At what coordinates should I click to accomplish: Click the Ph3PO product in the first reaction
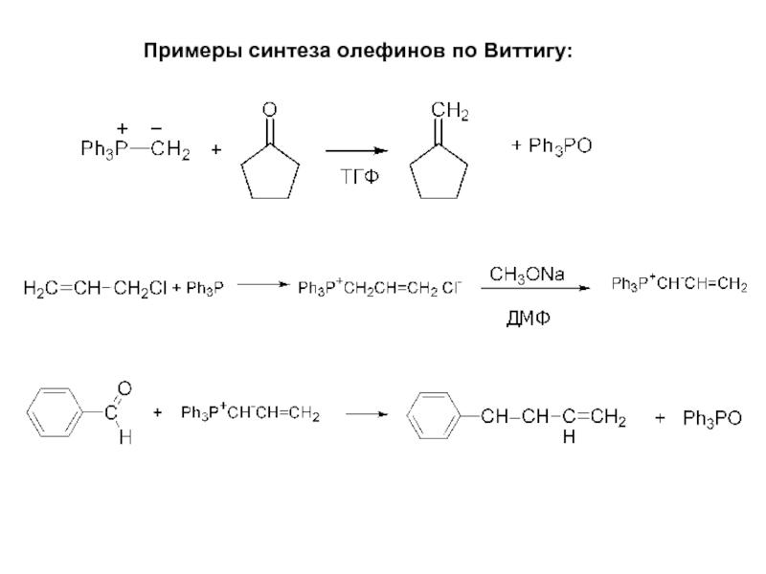pos(551,145)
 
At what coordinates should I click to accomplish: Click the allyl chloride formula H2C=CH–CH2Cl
pos(96,286)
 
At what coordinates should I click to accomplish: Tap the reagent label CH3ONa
pos(528,274)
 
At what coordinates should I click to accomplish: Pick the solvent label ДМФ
pos(529,316)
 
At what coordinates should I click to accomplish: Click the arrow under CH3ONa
pos(528,294)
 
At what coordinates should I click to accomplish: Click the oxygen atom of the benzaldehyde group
pos(124,387)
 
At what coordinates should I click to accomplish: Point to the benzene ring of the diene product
pos(435,417)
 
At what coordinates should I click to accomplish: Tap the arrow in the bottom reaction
pos(368,415)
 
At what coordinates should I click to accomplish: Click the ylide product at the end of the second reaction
pos(679,284)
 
